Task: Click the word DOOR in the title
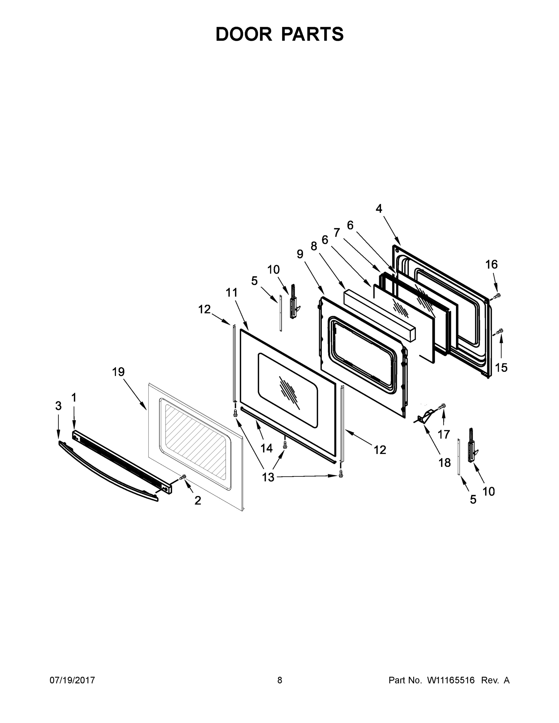click(x=243, y=34)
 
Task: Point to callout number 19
click(x=118, y=372)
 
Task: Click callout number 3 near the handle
click(x=58, y=405)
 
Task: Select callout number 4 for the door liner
click(x=379, y=208)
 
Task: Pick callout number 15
click(x=501, y=367)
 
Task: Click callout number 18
click(x=444, y=462)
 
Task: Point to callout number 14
click(x=266, y=448)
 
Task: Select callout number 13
click(x=268, y=477)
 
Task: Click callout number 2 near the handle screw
click(x=197, y=500)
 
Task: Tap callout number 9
click(x=300, y=254)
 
